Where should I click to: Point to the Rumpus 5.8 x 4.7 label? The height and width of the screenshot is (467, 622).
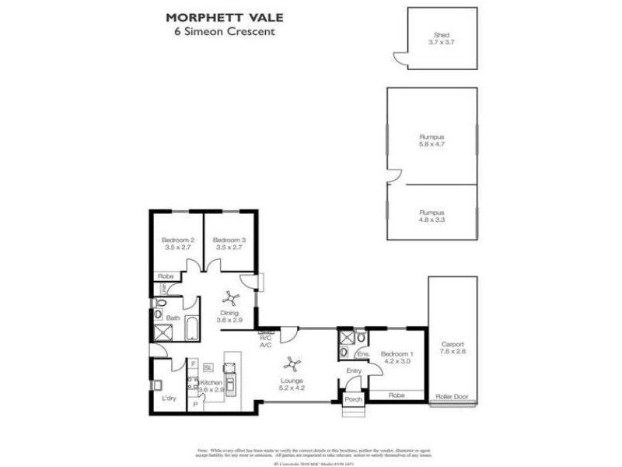432,141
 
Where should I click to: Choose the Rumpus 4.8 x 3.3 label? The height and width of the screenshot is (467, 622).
432,216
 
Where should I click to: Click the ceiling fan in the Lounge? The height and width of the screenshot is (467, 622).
291,362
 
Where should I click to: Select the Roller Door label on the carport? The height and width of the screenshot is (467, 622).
450,395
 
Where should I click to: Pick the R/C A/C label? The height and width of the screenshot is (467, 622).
265,342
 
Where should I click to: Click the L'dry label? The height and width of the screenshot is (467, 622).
168,399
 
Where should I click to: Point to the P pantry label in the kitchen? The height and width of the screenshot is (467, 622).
194,405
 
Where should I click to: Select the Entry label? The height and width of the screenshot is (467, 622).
354,372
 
